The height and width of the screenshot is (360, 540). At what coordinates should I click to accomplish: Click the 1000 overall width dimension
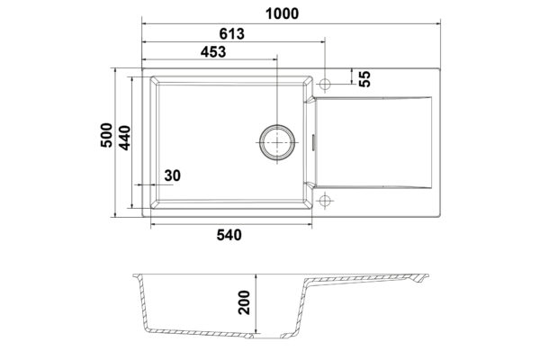282,13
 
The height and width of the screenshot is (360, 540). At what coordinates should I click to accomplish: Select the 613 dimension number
232,34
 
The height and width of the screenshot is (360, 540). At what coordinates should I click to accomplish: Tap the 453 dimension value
213,52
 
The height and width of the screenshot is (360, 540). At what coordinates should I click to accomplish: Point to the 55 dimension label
364,78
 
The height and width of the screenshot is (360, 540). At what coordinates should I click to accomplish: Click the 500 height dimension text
106,135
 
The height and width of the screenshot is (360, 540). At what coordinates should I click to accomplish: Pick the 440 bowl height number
124,138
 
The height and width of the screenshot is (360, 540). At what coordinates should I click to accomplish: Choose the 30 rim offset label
172,175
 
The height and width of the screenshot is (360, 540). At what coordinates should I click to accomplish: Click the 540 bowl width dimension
229,235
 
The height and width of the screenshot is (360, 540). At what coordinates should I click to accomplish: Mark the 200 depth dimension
244,302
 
